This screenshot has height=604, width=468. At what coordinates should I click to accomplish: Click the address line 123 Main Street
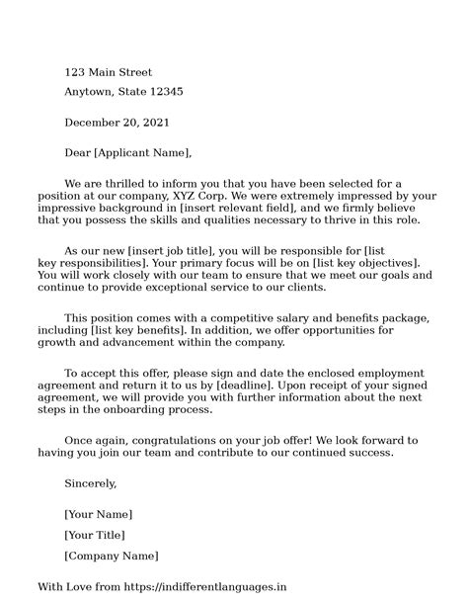109,73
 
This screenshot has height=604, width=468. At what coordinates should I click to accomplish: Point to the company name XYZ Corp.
199,196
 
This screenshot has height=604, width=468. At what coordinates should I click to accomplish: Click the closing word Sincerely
91,483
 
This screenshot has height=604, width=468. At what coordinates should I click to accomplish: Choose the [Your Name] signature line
98,515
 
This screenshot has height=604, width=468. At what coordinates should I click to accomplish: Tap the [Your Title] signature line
95,535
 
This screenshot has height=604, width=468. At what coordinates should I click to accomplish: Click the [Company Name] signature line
111,556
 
